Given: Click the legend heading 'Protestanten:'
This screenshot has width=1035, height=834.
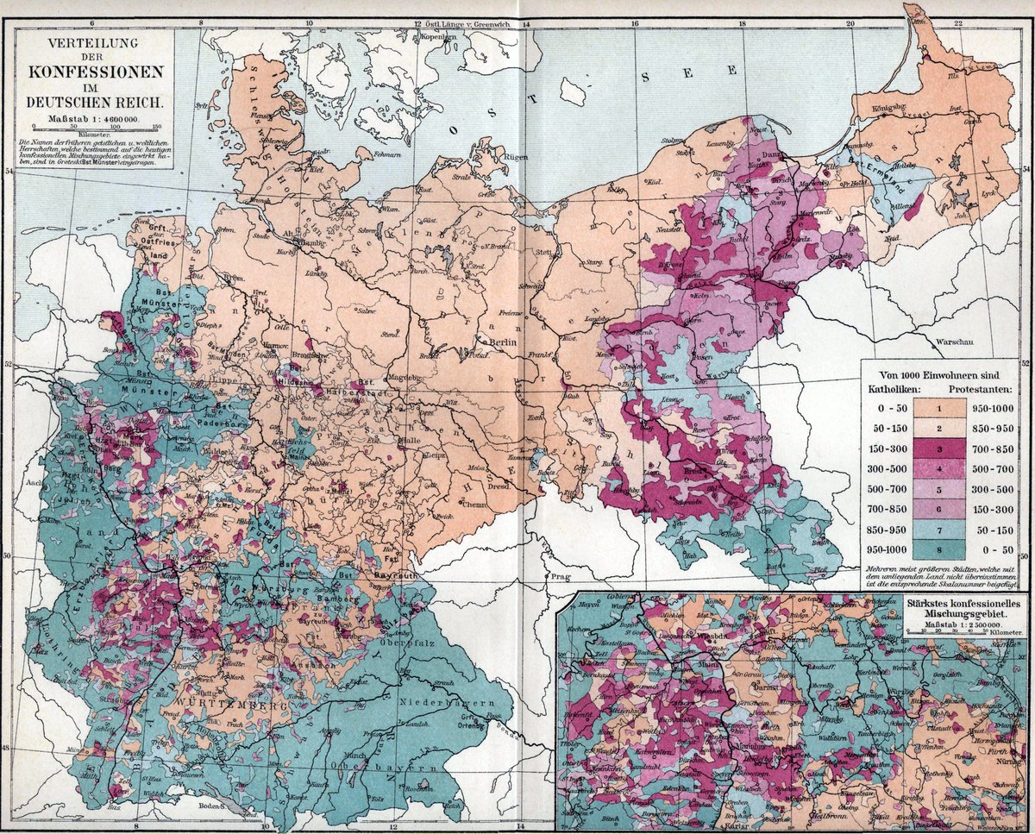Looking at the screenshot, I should tap(979, 390).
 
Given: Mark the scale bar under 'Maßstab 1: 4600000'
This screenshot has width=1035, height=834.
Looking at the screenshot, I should tap(88, 126).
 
